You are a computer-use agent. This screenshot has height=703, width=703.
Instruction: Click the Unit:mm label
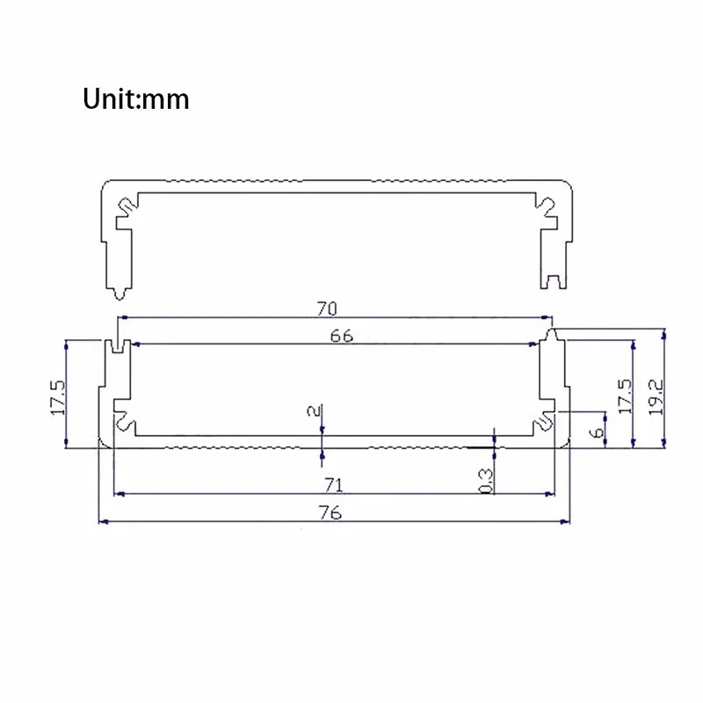[x=136, y=98]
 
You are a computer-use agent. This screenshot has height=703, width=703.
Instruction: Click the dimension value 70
[x=327, y=308]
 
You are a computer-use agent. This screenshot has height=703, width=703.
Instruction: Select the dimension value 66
[x=341, y=336]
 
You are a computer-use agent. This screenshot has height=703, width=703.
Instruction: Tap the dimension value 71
[x=334, y=485]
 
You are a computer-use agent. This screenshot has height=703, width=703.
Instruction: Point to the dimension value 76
[x=330, y=512]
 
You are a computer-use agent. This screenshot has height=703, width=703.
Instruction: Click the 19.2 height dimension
[x=656, y=397]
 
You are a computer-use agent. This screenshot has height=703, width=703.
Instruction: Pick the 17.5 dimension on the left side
[x=57, y=398]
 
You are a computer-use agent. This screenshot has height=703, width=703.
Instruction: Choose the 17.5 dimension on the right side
[x=625, y=396]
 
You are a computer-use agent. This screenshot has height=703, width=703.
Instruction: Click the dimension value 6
[x=597, y=432]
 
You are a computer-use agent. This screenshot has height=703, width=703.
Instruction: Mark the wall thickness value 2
[x=315, y=410]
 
